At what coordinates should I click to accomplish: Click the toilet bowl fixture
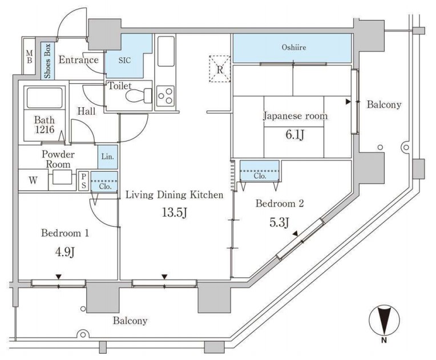tap(135, 95)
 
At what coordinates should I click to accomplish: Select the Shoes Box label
tap(46, 60)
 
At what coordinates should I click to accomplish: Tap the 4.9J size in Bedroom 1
tap(64, 252)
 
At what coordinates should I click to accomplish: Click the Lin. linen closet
tap(107, 156)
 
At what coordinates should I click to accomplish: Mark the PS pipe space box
tap(83, 181)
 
